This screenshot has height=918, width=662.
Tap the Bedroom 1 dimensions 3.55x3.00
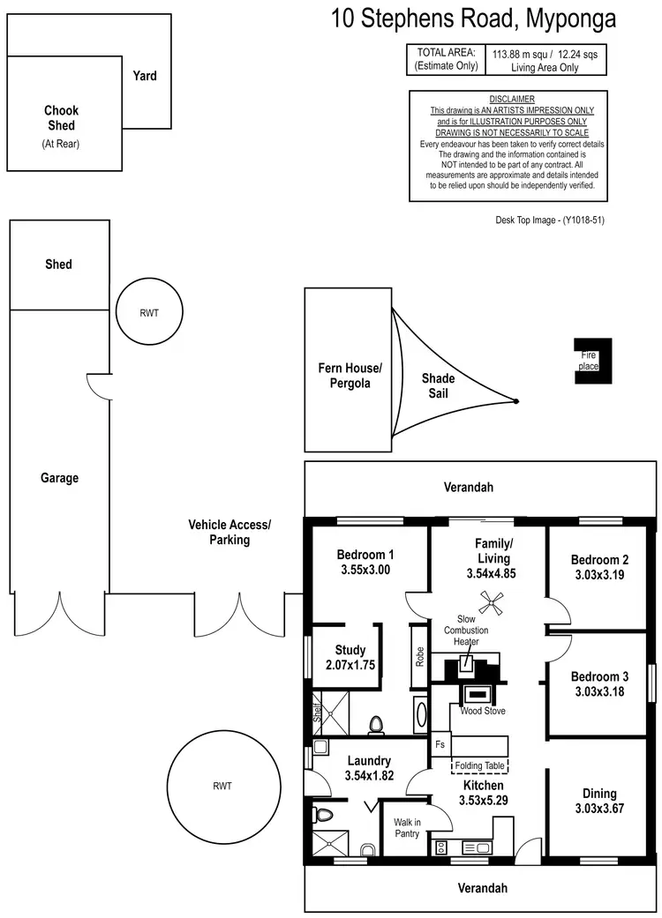(365, 570)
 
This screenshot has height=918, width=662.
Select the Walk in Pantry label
(407, 828)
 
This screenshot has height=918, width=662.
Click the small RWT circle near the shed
(148, 312)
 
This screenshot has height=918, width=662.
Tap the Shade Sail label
(438, 386)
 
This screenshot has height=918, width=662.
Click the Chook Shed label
(62, 118)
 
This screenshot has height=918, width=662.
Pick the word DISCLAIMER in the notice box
(512, 99)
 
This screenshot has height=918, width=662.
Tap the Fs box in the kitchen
(440, 744)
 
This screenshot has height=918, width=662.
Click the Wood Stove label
(483, 710)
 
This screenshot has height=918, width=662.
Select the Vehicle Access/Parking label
(229, 532)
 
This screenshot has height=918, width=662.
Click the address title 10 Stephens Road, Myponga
(473, 18)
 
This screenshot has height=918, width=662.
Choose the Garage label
(59, 478)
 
